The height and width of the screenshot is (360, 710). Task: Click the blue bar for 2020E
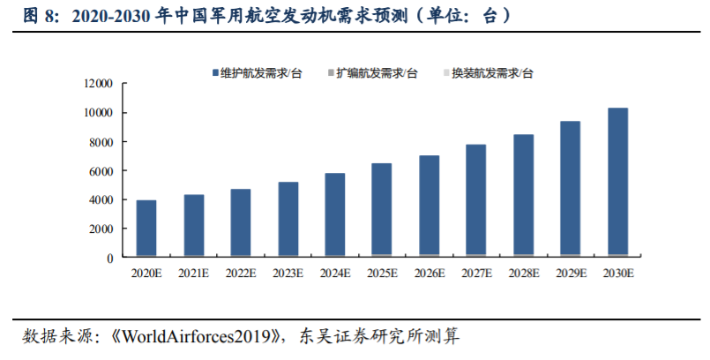click(146, 229)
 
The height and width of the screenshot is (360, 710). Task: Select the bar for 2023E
click(288, 220)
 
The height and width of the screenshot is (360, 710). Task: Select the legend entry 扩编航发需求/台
click(378, 73)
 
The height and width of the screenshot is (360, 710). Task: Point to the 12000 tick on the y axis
click(99, 84)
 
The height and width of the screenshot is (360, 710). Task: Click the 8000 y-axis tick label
click(101, 142)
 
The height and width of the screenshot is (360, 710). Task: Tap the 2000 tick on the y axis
click(101, 229)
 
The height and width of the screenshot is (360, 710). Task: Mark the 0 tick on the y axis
click(110, 258)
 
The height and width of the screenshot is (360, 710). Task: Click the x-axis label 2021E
click(194, 274)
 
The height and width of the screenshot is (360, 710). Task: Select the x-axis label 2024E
click(335, 274)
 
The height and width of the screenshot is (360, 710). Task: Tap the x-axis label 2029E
click(571, 274)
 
